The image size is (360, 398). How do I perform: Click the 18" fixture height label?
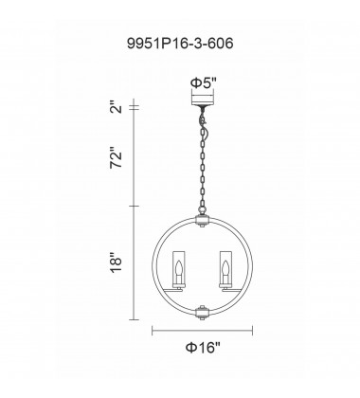[117, 259]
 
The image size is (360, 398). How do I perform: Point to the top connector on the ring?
[203, 220]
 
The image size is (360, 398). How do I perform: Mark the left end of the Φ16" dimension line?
[154, 331]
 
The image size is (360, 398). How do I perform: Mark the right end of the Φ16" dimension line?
[253, 331]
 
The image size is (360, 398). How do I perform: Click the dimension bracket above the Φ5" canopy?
[203, 94]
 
